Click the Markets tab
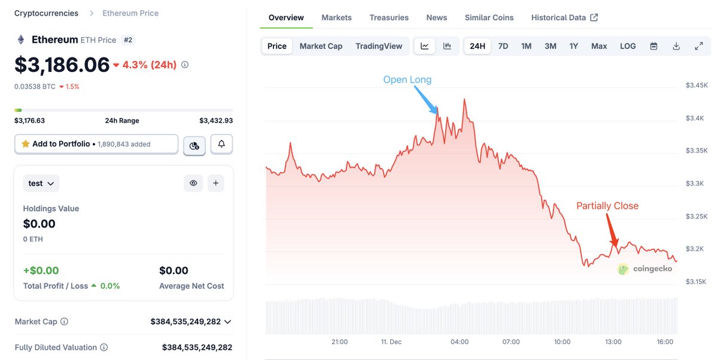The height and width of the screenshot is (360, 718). (336, 17)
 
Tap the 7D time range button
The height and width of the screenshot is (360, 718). (503, 46)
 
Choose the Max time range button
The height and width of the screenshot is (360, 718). (599, 46)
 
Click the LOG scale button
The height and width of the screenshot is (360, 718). (628, 46)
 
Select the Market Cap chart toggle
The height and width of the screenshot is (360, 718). (321, 46)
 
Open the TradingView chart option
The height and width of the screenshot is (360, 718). (379, 46)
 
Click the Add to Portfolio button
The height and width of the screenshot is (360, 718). (96, 144)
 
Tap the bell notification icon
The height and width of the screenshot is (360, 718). (221, 144)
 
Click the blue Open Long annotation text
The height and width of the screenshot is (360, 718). (407, 80)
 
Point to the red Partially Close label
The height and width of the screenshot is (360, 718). (607, 206)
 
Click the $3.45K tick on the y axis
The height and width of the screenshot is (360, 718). (696, 86)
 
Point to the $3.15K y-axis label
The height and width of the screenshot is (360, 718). (696, 281)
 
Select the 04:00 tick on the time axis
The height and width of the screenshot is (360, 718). (460, 342)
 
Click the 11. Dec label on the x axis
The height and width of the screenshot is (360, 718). (391, 342)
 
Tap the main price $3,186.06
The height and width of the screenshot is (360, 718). (62, 65)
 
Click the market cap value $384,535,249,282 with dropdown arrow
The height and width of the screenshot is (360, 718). (191, 322)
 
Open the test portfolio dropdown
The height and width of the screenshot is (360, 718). (41, 184)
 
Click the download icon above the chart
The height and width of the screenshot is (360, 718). (676, 46)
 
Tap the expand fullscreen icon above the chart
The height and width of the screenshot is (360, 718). (698, 46)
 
